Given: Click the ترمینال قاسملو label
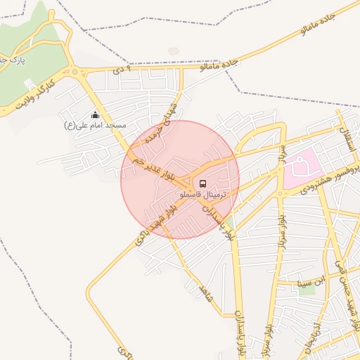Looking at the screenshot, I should tap(202, 193).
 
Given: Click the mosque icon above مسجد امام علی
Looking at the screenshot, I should tap(95, 115).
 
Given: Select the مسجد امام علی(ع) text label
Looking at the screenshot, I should tap(95, 125).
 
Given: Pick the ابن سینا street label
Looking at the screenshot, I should tap(313, 282).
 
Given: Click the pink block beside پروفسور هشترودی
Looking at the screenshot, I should tap(302, 168).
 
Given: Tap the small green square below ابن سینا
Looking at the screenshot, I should tap(307, 290).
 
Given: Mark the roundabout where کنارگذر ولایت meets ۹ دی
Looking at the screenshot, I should tap(75, 72).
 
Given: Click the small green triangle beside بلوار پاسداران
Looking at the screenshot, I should tap(229, 224).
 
